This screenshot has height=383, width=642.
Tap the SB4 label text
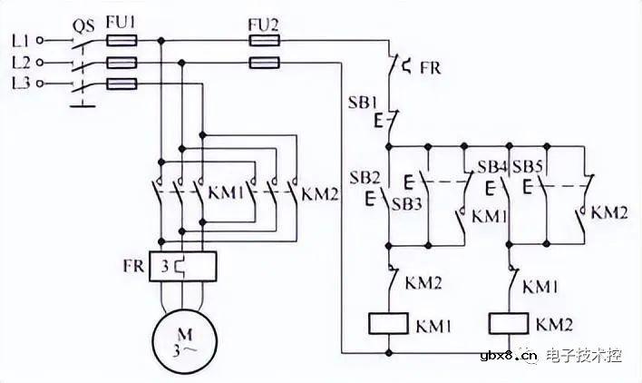[x=492, y=168]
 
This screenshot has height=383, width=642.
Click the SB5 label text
[x=527, y=168]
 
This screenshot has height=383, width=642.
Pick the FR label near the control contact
[x=431, y=66]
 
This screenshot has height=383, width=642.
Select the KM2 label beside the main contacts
[x=319, y=192]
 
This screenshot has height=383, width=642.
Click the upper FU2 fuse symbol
[x=264, y=41]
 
